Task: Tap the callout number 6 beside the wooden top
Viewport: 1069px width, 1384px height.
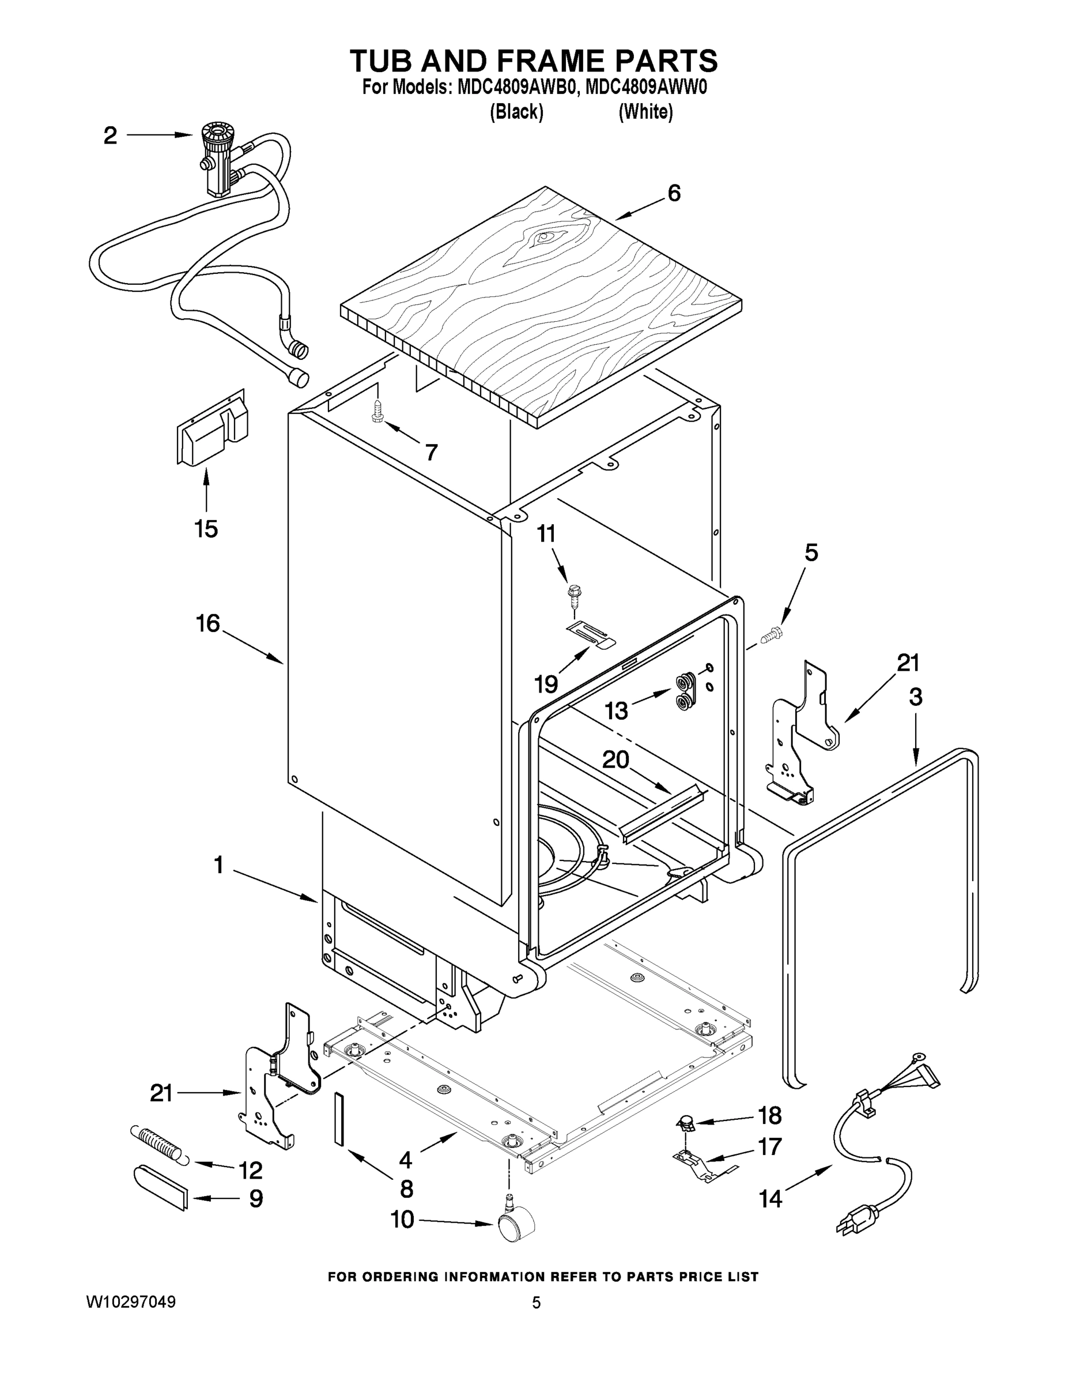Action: pos(674,193)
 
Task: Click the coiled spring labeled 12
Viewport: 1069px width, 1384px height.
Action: pos(158,1143)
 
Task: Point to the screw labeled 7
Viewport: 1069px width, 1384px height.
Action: pos(377,410)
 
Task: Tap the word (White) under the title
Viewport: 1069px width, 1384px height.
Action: pos(645,112)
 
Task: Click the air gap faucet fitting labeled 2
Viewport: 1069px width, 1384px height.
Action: pos(217,159)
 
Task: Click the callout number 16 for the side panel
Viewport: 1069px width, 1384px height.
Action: pos(207,623)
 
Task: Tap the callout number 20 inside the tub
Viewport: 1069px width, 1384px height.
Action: pos(615,759)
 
